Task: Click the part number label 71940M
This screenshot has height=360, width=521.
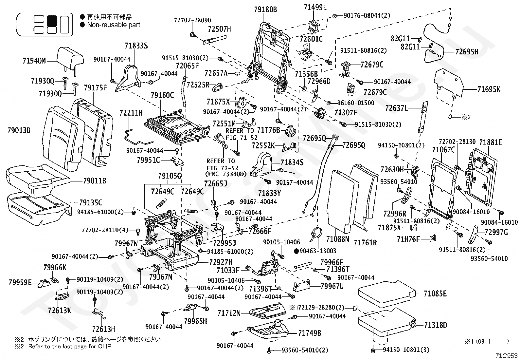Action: [34, 61]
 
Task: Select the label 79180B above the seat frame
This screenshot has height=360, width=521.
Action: [265, 9]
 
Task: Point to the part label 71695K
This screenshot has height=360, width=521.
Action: [489, 89]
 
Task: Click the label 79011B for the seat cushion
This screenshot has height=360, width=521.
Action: [95, 181]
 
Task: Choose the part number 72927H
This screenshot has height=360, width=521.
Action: [221, 262]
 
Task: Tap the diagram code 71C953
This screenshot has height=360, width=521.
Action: [506, 355]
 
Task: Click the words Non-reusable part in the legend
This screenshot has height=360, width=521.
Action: [114, 25]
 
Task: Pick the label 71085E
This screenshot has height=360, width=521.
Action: [435, 294]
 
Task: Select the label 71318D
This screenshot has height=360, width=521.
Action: [435, 325]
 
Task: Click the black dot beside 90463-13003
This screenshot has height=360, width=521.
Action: [296, 251]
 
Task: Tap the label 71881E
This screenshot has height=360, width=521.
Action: [491, 142]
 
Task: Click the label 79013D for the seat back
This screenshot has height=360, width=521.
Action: [19, 130]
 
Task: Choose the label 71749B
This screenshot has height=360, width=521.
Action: [310, 333]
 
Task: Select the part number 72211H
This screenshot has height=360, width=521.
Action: [131, 113]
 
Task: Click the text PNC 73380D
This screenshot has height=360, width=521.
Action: [226, 174]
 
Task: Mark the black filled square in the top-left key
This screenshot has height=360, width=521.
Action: [52, 21]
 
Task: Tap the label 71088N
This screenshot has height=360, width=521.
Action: [337, 239]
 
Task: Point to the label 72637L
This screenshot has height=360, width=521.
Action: [397, 108]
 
